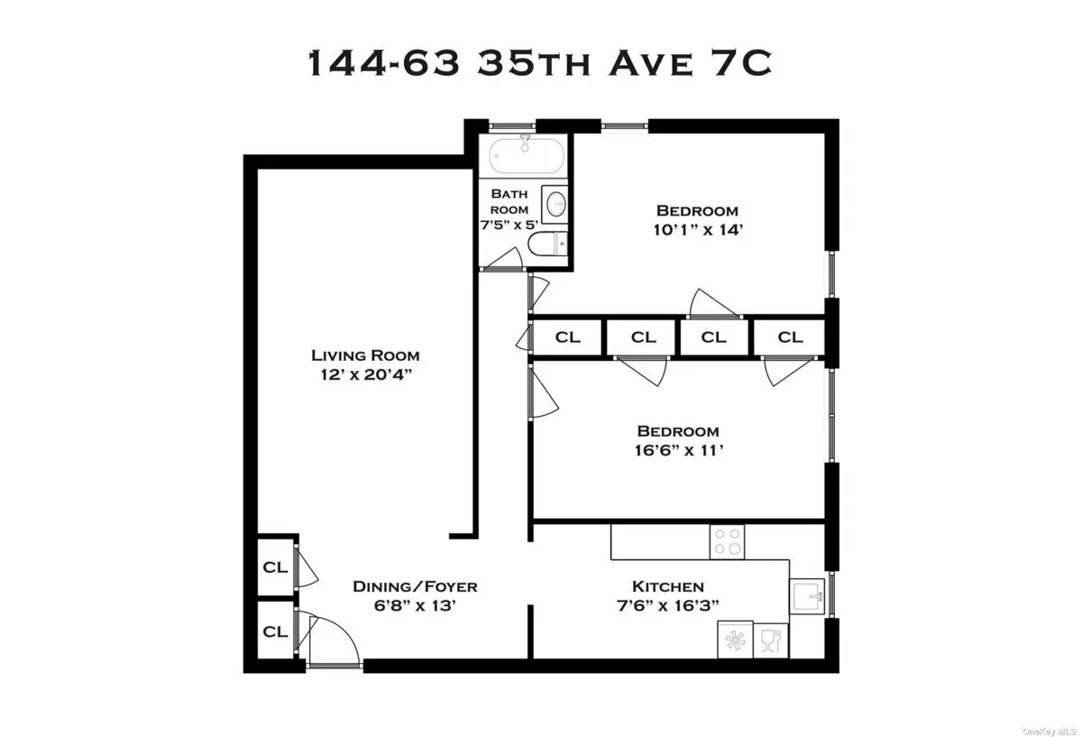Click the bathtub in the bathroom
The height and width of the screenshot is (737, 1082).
click(527, 158)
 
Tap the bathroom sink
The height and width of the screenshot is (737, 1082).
click(556, 202)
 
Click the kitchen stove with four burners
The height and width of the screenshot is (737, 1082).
click(728, 541)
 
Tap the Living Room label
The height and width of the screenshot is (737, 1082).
click(365, 355)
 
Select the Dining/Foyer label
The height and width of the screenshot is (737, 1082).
click(414, 586)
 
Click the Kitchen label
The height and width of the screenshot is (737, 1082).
click(668, 586)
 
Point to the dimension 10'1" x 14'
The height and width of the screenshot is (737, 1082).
click(703, 229)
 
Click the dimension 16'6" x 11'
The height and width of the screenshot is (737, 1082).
click(677, 450)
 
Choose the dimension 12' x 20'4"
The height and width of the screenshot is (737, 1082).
click(365, 374)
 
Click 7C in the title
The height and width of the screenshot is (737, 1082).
click(743, 64)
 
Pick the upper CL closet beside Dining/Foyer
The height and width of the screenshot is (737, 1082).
click(275, 567)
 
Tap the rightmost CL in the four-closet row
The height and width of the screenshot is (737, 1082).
click(790, 337)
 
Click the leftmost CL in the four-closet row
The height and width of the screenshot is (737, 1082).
click(567, 337)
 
